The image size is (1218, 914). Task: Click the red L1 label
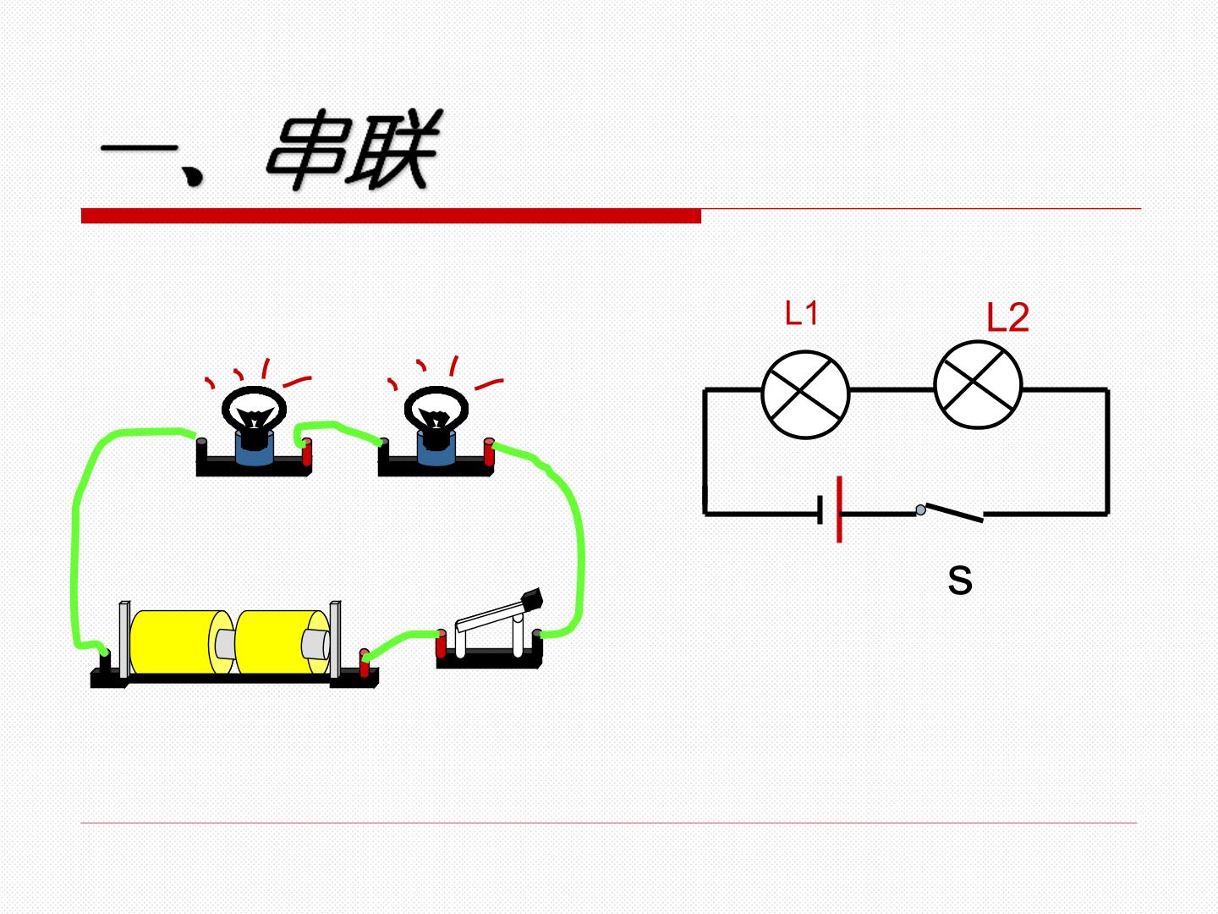[801, 312]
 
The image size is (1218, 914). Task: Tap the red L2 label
[1007, 317]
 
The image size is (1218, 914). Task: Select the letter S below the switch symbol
[960, 580]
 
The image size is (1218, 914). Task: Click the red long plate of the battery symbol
[840, 509]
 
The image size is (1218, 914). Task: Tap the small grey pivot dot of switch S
[920, 509]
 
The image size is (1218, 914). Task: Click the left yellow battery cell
[181, 642]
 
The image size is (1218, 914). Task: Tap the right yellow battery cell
[284, 642]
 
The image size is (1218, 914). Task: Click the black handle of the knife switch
[532, 599]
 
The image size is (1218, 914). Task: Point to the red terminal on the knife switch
[442, 643]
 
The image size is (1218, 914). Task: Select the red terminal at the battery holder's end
[364, 663]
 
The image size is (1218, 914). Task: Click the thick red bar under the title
[392, 216]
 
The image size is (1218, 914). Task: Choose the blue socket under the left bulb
[255, 448]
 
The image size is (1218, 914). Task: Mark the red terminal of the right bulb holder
[489, 452]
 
